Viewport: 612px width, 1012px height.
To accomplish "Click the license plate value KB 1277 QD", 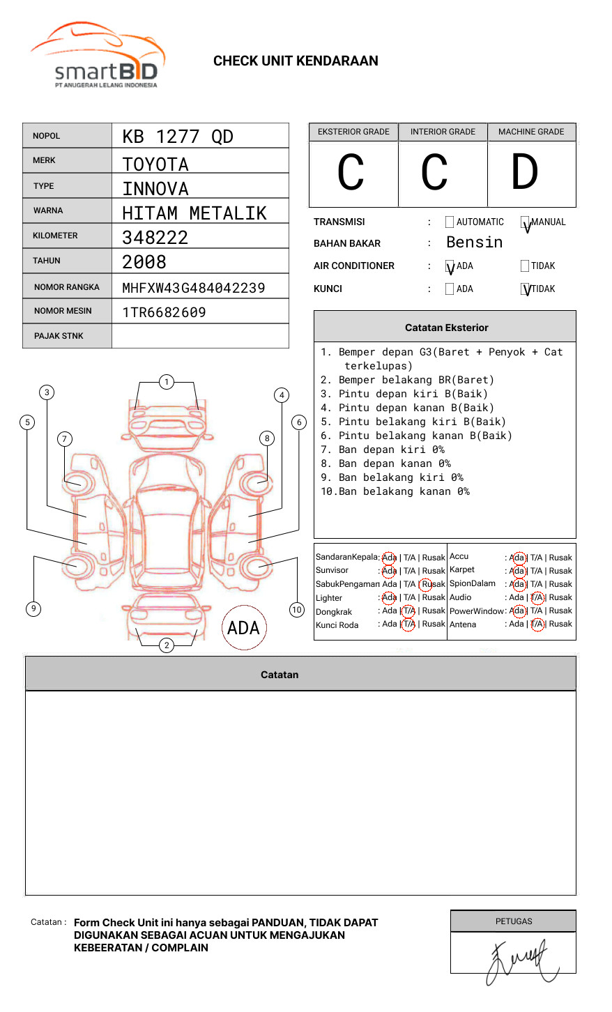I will (178, 137).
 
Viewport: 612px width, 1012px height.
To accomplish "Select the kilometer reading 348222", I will (155, 238).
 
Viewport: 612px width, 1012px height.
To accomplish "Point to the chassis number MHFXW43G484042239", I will (194, 288).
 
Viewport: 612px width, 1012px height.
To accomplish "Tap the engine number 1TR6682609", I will (165, 312).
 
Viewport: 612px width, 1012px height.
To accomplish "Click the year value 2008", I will (144, 262).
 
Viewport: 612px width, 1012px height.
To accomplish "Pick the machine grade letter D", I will (524, 173).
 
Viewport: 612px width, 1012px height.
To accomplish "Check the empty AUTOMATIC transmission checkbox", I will (450, 222).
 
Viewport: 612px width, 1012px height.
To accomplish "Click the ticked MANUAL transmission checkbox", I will (526, 223).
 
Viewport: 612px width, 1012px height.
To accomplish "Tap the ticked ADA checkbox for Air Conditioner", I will (450, 266).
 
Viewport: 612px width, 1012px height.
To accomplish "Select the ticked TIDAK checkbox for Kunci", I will (526, 289).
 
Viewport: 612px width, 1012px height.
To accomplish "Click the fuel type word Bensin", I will (474, 243).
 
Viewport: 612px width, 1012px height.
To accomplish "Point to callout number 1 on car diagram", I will (166, 381).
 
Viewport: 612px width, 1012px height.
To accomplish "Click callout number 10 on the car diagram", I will (297, 610).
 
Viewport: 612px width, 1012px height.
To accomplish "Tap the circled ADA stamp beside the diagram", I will (243, 628).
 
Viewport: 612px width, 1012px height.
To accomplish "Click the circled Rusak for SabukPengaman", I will (432, 584).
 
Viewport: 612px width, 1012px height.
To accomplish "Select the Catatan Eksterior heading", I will (446, 328).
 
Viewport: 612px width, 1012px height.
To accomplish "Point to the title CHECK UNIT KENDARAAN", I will (296, 61).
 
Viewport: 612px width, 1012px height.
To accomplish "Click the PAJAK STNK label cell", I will (59, 336).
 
